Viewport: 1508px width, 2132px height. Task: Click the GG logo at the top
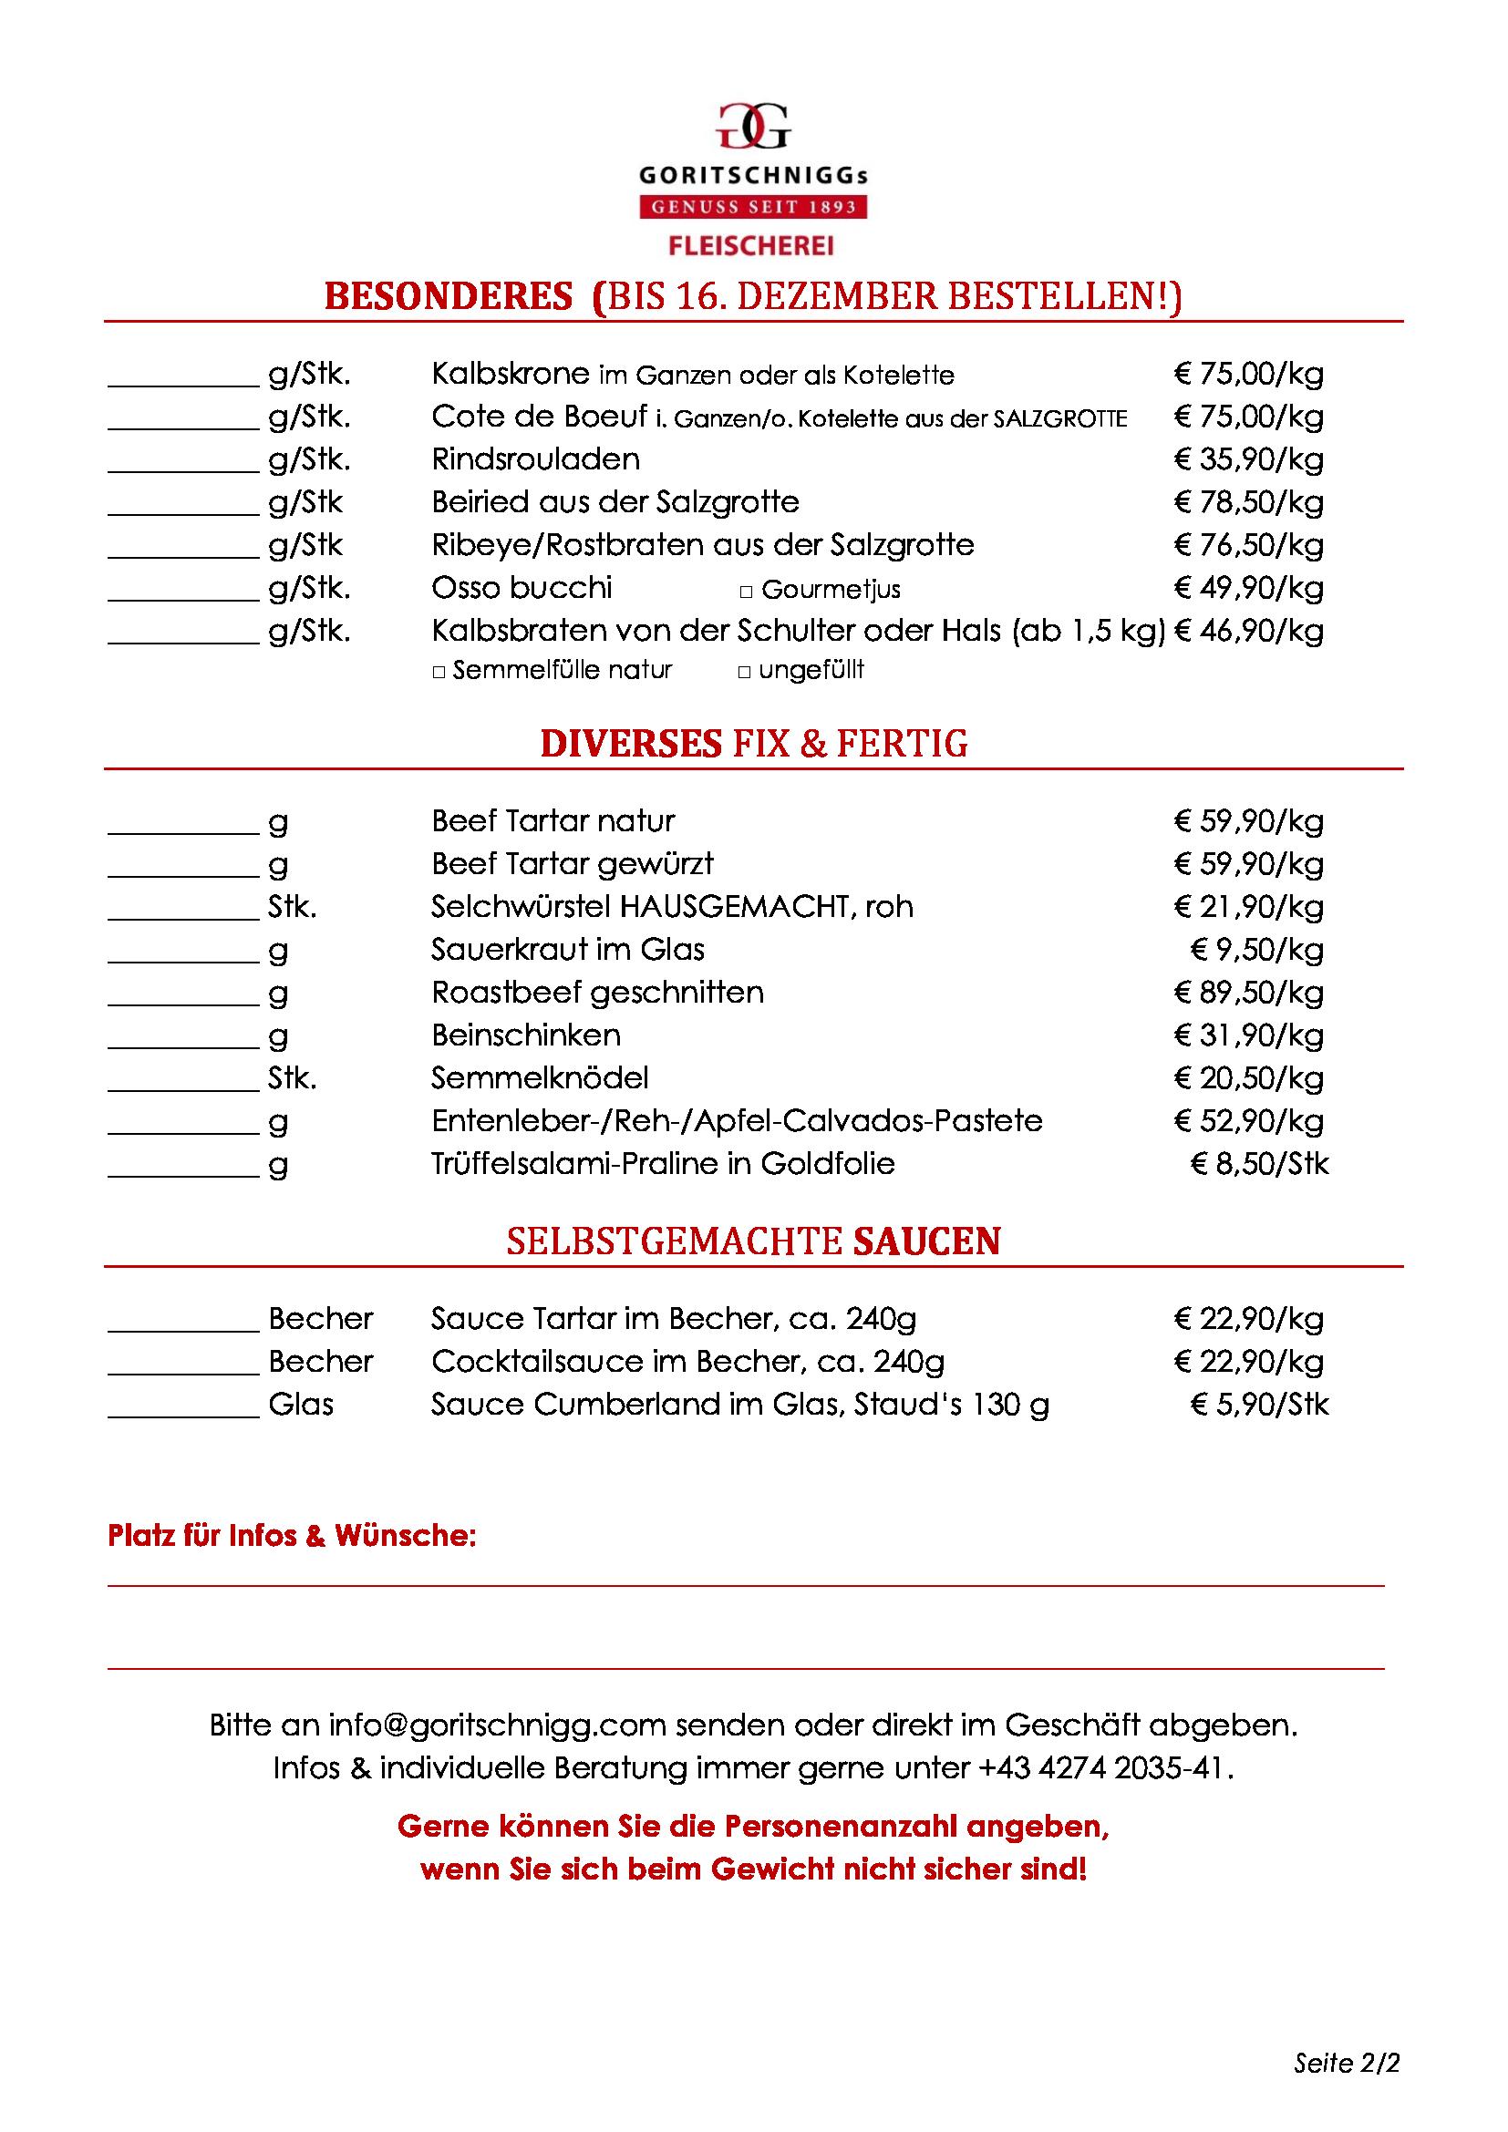[x=753, y=127]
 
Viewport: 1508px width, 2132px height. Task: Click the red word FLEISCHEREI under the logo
[x=752, y=246]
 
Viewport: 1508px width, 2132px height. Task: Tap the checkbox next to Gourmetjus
[x=746, y=592]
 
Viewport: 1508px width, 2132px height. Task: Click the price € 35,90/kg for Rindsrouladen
[x=1248, y=459]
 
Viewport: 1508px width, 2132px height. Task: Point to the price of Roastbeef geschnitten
[x=1248, y=993]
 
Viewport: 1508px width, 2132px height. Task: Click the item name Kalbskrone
[x=510, y=375]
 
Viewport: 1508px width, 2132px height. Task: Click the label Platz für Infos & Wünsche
[x=292, y=1536]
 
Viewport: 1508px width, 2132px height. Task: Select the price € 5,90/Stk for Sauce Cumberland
[x=1258, y=1404]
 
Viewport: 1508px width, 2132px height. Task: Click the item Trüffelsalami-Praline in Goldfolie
[x=662, y=1163]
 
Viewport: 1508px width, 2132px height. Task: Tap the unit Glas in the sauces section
[x=301, y=1404]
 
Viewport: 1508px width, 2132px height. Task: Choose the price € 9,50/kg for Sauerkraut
[x=1256, y=950]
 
